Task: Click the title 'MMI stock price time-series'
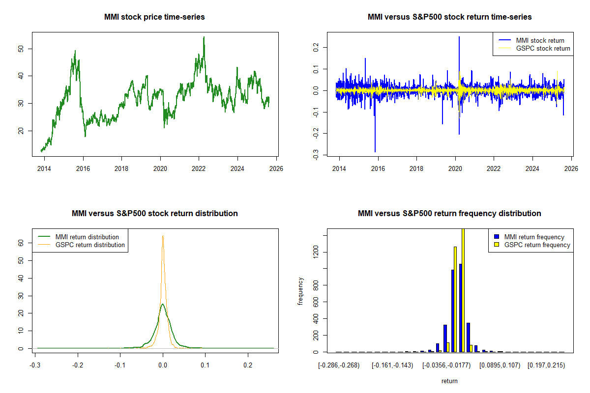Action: coord(154,17)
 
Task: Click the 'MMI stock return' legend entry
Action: coord(540,40)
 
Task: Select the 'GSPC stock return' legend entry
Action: coord(543,48)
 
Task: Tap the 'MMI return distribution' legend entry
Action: coord(87,237)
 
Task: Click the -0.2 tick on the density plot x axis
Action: coord(78,365)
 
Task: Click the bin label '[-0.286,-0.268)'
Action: coord(339,365)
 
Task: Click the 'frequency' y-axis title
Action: coord(301,291)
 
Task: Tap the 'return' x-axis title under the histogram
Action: coord(449,381)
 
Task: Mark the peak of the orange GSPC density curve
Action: coord(162,236)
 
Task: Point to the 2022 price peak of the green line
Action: coord(204,37)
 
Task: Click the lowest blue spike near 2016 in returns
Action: coord(375,151)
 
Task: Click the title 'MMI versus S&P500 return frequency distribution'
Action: coord(449,214)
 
